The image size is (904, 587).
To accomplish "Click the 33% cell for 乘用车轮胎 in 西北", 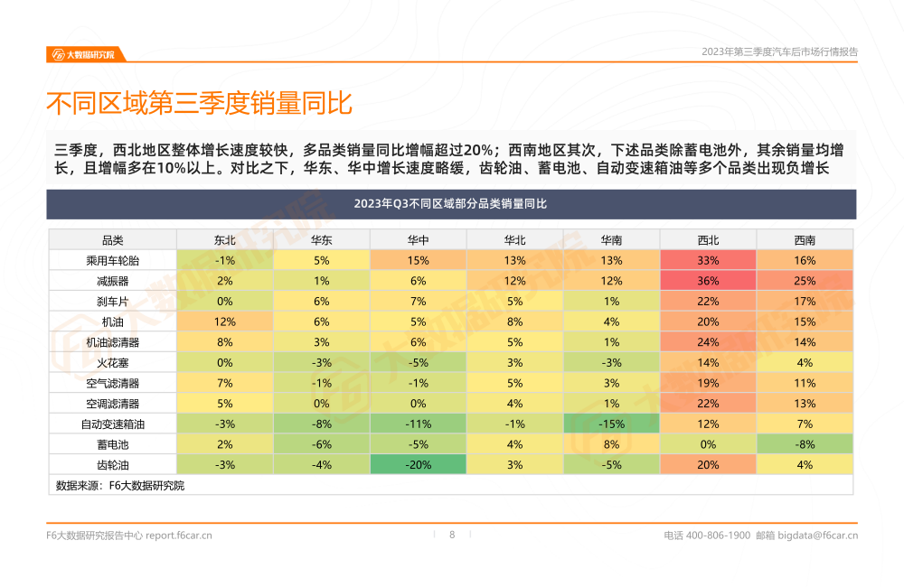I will (x=708, y=260).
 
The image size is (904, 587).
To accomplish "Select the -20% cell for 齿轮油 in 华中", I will (x=418, y=465).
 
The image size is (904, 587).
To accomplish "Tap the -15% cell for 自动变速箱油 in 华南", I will (x=611, y=424).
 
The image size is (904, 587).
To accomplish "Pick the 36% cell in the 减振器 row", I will (x=708, y=281).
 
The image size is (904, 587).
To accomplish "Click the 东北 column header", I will (x=224, y=240).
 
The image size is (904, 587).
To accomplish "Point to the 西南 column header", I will (x=805, y=240).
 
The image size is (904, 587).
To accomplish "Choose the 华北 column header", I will (x=514, y=240).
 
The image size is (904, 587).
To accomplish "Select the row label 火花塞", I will (x=113, y=363).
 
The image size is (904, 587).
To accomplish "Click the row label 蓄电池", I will (x=113, y=444).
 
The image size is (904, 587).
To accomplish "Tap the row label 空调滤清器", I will (x=113, y=404).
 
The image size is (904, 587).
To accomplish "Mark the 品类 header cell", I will (x=113, y=240).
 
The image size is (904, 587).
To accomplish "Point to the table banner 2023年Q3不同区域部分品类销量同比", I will (x=451, y=204).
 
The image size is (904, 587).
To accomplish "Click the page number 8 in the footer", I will (x=452, y=535).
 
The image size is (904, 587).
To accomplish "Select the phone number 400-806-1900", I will (x=719, y=536).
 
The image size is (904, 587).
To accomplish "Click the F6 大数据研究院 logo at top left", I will (x=85, y=54).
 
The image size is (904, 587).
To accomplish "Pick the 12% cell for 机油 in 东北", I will (x=224, y=321).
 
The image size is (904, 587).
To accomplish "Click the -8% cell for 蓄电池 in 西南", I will (x=805, y=444).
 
